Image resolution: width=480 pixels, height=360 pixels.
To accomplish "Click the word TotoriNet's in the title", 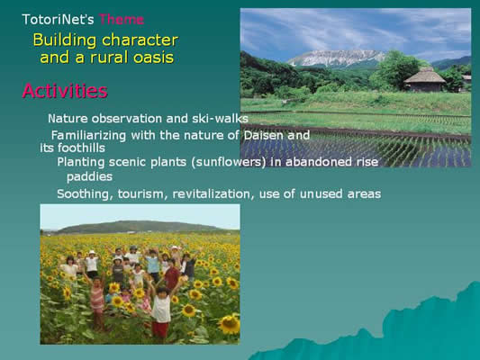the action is point(58,20).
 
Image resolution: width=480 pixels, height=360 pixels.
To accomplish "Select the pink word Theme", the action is point(122,20).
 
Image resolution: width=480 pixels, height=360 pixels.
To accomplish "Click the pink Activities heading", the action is point(65,91).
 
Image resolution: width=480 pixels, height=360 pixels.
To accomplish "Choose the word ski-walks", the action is point(220,119).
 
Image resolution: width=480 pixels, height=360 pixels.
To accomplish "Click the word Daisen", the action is point(264,135).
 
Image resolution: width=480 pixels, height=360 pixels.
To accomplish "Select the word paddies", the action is point(89,177).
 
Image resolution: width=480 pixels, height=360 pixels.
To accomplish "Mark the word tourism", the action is point(142,193).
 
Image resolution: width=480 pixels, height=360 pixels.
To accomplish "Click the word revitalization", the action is point(213,193).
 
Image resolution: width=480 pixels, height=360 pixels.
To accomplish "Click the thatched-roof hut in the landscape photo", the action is point(424,80).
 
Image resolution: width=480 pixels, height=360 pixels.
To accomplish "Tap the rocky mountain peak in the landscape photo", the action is point(337,58).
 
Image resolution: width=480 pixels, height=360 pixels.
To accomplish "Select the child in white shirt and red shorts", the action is point(161,312).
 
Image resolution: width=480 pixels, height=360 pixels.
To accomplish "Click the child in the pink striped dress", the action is point(97,301).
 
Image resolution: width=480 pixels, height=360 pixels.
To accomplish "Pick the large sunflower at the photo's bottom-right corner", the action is point(230,325).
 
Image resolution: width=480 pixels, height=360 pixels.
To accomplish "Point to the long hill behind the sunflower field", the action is point(138,227).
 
